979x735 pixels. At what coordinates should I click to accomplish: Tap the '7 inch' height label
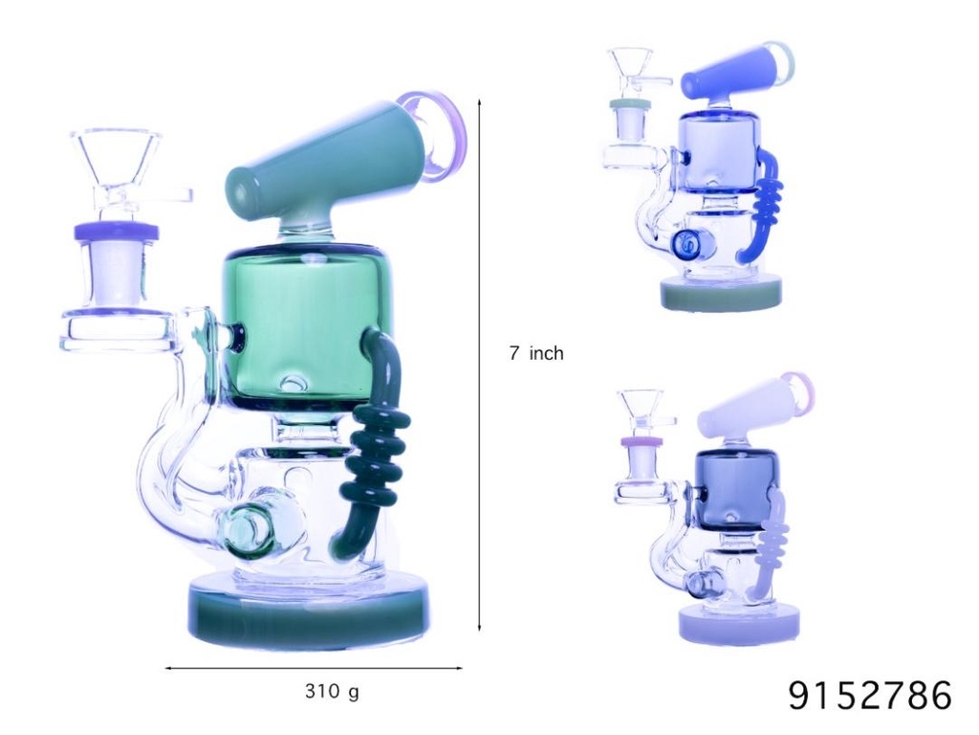tap(535, 353)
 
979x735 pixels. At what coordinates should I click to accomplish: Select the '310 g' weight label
tap(332, 690)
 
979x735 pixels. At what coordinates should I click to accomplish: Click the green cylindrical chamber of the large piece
tap(296, 325)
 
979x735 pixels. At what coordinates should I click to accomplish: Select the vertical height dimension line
tap(479, 364)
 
